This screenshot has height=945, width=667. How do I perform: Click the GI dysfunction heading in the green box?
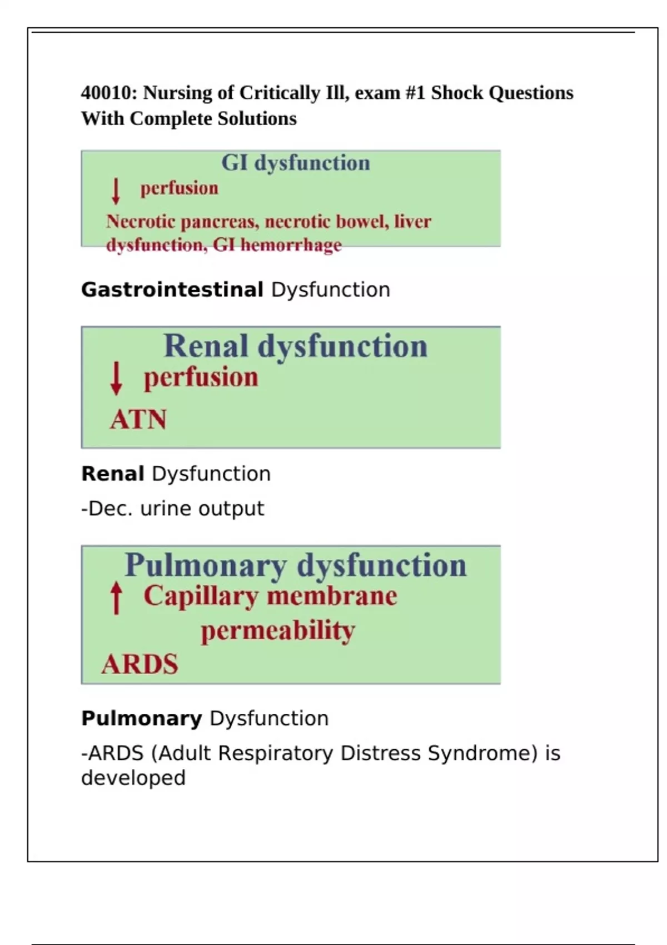click(295, 163)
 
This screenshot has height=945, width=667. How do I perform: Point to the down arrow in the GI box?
click(116, 191)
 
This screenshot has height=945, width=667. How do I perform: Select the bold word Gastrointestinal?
click(172, 290)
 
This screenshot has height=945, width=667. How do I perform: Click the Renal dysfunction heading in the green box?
click(295, 346)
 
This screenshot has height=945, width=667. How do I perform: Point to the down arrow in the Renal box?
click(116, 378)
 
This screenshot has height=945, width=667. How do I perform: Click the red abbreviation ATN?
click(138, 420)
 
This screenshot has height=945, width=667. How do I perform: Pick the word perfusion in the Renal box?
click(201, 377)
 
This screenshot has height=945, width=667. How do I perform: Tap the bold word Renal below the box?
click(113, 474)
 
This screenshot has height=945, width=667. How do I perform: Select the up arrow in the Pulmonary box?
click(116, 597)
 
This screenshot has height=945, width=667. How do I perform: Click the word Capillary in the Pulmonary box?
click(201, 596)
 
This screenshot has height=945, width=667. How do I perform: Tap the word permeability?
click(277, 631)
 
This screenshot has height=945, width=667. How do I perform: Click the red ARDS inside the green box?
click(140, 664)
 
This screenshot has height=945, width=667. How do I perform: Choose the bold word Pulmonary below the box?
click(142, 718)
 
